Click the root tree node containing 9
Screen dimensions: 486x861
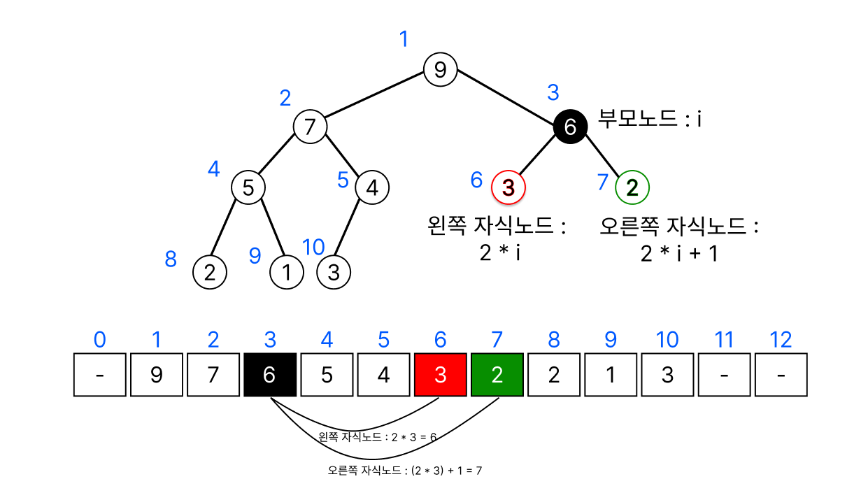(440, 69)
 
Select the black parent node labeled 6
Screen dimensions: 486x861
(569, 127)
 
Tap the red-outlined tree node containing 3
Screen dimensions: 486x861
(508, 187)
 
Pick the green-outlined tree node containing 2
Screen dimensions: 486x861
(632, 187)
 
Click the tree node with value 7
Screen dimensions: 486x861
(310, 127)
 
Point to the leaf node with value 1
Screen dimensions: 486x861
(287, 272)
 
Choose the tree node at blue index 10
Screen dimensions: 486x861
(334, 272)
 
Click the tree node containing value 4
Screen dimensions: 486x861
(372, 187)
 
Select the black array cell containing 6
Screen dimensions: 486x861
(270, 375)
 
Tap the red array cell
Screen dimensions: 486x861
(441, 375)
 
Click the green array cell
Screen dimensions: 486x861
(497, 375)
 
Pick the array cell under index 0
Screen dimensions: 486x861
(100, 375)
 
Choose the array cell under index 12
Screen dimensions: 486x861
(781, 375)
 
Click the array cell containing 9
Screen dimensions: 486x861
(157, 375)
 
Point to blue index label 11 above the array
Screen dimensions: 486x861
(724, 340)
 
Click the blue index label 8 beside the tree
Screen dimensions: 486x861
(171, 259)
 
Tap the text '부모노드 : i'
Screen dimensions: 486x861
(650, 120)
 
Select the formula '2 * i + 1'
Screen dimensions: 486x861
(679, 253)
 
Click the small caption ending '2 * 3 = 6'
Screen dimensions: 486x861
(377, 437)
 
